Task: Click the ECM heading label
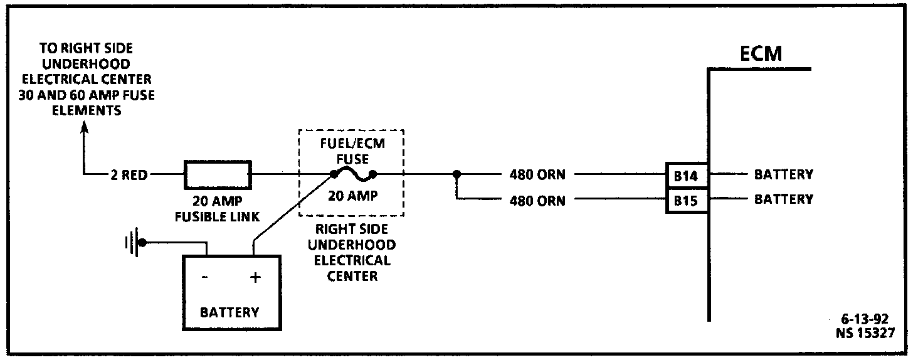[x=761, y=53]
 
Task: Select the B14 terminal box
[x=685, y=176]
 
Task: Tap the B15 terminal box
[x=685, y=201]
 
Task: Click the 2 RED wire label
[x=129, y=176]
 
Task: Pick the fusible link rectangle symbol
[x=217, y=174]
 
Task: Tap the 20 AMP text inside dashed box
[x=353, y=196]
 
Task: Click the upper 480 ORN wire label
[x=537, y=175]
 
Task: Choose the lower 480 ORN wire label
[x=537, y=201]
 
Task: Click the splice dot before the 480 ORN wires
[x=457, y=174]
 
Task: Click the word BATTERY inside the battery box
[x=229, y=312]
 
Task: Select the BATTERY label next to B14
[x=783, y=174]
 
